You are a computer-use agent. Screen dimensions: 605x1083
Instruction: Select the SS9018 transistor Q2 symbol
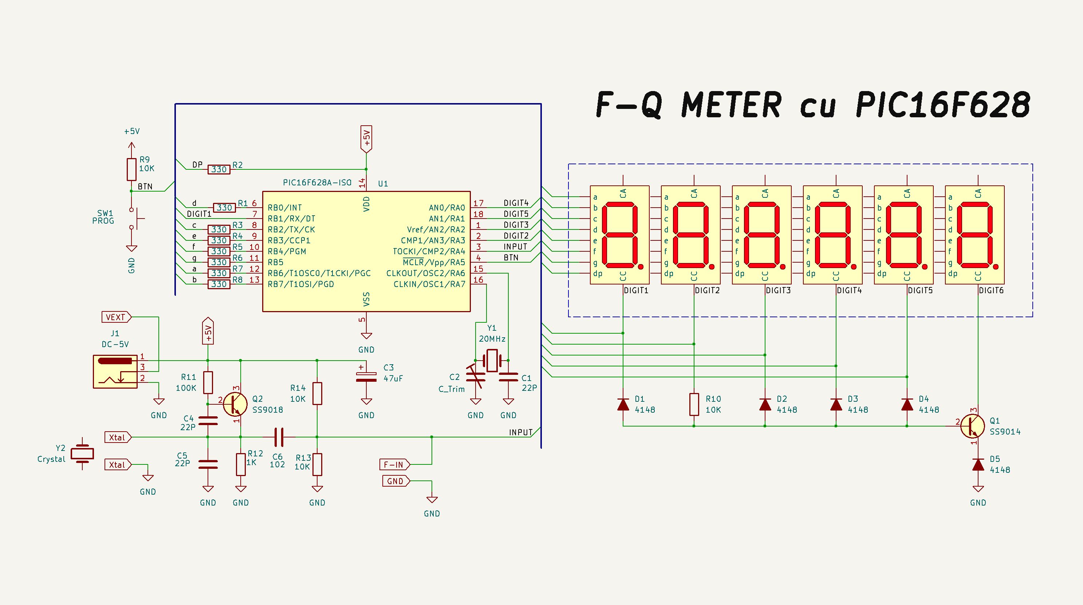coord(235,404)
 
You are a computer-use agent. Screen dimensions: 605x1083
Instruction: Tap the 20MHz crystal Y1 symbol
coord(492,360)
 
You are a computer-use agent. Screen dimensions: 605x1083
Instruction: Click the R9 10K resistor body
coord(131,169)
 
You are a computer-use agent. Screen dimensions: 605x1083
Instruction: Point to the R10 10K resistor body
coord(694,404)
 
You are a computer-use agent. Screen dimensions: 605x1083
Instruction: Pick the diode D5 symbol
coord(978,464)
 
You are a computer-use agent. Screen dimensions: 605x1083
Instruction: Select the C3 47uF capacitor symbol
coord(366,377)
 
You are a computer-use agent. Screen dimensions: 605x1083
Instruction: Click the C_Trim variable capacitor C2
coord(476,377)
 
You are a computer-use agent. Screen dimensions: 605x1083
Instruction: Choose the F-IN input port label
coord(394,464)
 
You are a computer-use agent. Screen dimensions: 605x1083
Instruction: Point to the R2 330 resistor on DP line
coord(218,169)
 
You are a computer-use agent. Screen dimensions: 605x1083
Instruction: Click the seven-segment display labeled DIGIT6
coord(974,235)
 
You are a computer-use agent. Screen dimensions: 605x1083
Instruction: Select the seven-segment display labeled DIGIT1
coord(619,235)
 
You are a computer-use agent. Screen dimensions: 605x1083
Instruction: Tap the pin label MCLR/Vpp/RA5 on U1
coord(434,262)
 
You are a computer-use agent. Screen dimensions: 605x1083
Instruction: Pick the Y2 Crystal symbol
coord(82,453)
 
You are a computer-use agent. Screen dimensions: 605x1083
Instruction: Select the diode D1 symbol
coord(623,404)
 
